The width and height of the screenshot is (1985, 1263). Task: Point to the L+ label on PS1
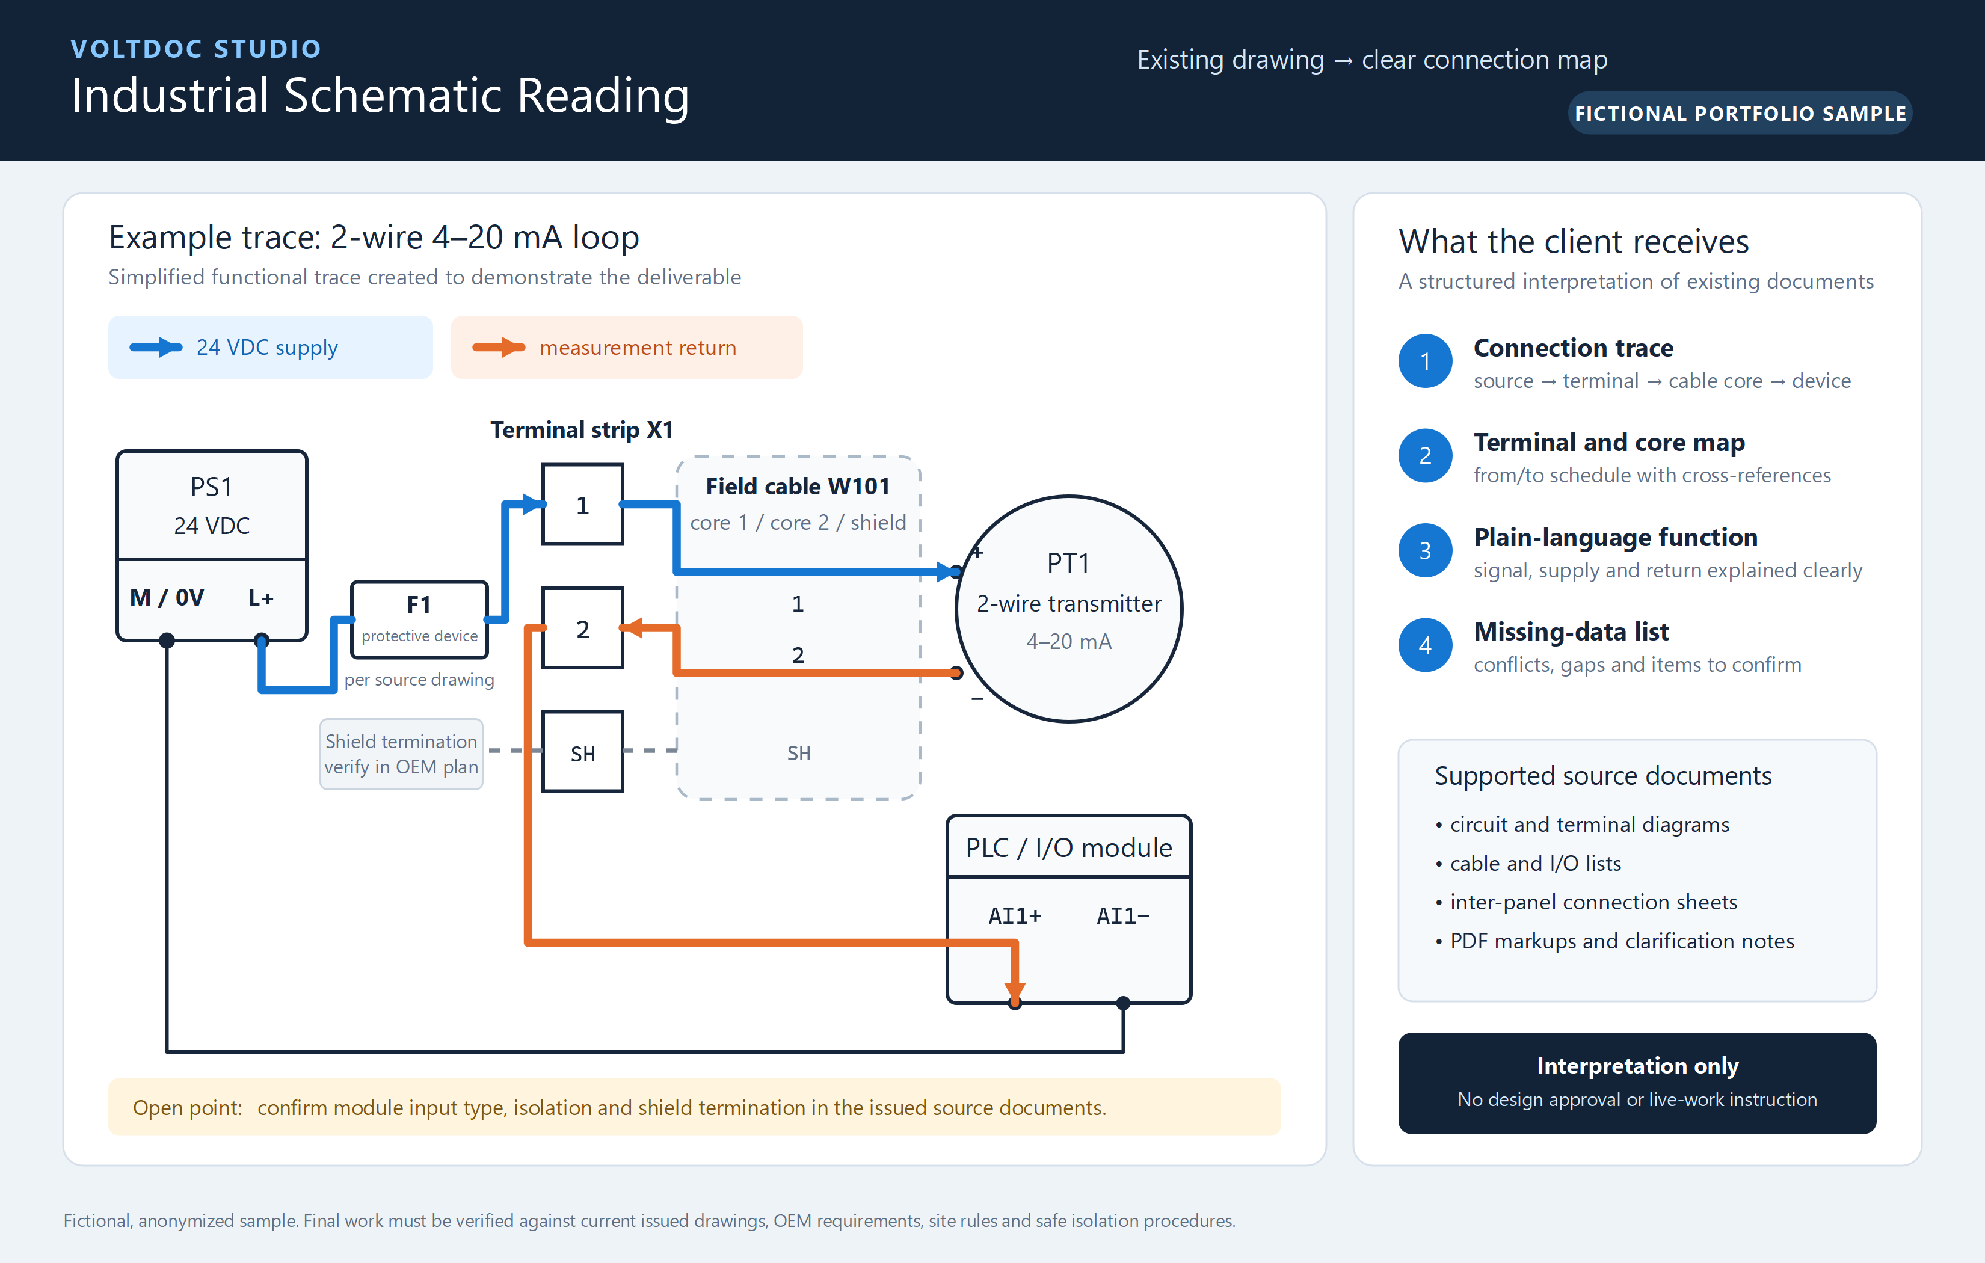pos(261,598)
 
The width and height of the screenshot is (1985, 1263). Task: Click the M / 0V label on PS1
pos(167,598)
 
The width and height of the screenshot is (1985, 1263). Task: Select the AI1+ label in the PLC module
pos(1015,916)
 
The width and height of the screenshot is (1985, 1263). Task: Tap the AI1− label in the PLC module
pos(1123,916)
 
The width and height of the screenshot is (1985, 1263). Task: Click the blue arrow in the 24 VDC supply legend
pos(156,347)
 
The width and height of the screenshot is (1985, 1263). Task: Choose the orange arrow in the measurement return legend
pos(499,347)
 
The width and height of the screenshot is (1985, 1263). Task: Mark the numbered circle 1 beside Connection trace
pos(1425,361)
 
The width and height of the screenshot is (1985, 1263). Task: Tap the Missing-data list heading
pos(1571,632)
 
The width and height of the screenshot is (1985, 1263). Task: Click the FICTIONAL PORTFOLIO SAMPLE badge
pos(1740,113)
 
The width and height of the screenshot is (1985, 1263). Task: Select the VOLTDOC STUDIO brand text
pos(196,49)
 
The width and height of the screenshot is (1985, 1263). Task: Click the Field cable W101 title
pos(798,487)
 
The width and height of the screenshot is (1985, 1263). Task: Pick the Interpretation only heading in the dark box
pos(1638,1066)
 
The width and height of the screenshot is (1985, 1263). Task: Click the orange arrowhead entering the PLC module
pos(1015,991)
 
